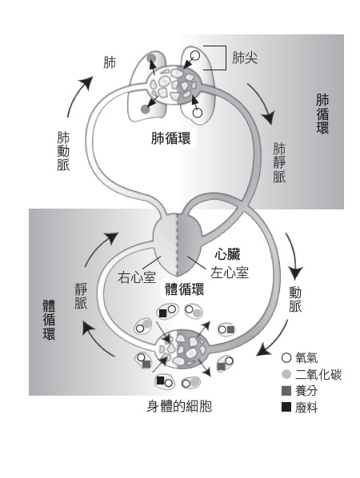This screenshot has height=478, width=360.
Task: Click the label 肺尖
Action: tap(245, 58)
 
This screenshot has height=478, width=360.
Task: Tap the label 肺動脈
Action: tap(63, 152)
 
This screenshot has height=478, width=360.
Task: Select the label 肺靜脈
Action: tap(279, 163)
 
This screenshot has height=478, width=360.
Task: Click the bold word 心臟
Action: tap(227, 255)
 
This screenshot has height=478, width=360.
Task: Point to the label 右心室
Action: tap(136, 277)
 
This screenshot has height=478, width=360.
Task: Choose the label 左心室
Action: tap(230, 273)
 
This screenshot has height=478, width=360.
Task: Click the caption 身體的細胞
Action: tap(179, 406)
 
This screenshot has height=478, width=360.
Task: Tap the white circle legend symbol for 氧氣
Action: tap(286, 357)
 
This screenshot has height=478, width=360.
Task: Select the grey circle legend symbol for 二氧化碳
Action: tap(286, 374)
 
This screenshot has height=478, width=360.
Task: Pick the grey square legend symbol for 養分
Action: tap(286, 391)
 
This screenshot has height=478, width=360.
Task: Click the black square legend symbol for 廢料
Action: tap(286, 407)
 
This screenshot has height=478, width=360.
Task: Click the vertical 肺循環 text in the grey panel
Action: tap(322, 114)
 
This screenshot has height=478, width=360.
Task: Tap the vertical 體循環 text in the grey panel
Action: tap(49, 320)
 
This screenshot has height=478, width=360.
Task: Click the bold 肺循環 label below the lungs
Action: tap(171, 138)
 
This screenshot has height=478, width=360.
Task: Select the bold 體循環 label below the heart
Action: tap(184, 289)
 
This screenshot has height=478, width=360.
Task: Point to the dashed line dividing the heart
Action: tap(177, 244)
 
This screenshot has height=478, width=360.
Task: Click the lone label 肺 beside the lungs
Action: tap(110, 63)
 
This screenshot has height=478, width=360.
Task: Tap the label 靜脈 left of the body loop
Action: tap(81, 296)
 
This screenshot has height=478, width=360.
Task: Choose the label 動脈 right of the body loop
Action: tap(295, 300)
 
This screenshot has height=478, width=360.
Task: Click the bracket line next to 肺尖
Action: tap(226, 58)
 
